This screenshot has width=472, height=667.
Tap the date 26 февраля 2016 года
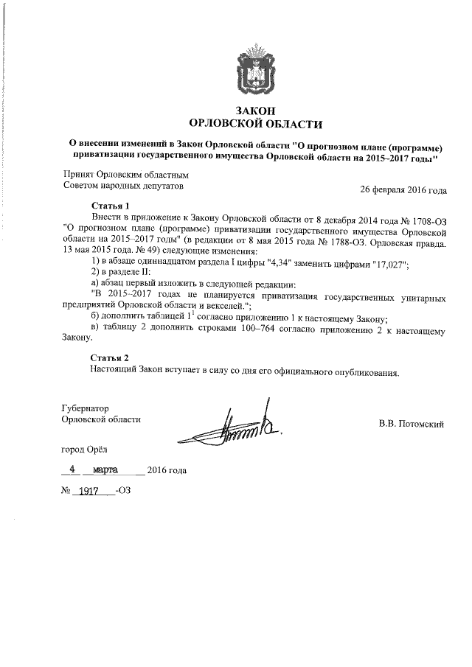pos(403,189)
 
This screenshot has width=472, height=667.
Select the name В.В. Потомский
pos(410,424)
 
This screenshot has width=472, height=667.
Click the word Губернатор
pos(85,408)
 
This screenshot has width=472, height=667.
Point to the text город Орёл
pos(87,448)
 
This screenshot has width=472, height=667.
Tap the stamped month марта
pos(110,469)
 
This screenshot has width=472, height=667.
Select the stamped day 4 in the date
pos(72,469)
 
